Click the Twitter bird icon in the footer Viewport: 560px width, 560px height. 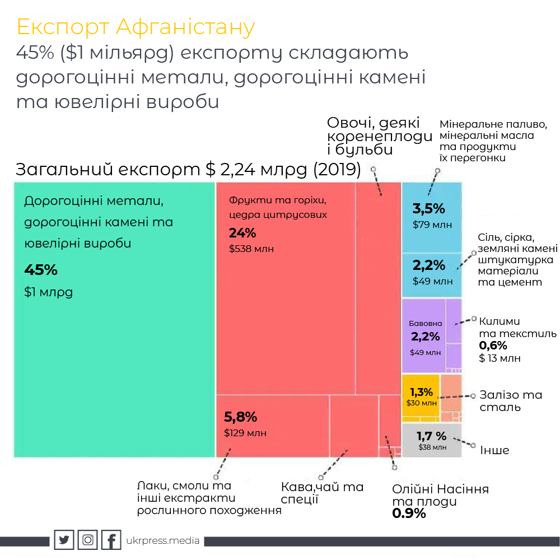pyautogui.click(x=64, y=540)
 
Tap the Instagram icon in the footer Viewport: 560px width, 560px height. pyautogui.click(x=88, y=540)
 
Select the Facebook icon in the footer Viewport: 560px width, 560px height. pyautogui.click(x=111, y=540)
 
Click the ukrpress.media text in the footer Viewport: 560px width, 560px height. pyautogui.click(x=163, y=541)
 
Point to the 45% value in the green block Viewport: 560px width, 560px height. pyautogui.click(x=41, y=270)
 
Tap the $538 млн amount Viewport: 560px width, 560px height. pyautogui.click(x=251, y=249)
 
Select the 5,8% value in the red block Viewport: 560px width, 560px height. pyautogui.click(x=240, y=417)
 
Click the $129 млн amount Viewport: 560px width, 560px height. pyautogui.click(x=245, y=433)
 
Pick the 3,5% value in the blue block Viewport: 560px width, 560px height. pyautogui.click(x=428, y=209)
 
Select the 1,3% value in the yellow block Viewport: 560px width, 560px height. pyautogui.click(x=421, y=392)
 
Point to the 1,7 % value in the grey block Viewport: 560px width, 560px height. pyautogui.click(x=431, y=435)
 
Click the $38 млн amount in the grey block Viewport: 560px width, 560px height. pyautogui.click(x=432, y=447)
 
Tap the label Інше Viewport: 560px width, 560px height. pyautogui.click(x=494, y=450)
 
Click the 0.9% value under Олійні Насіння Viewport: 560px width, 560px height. pyautogui.click(x=409, y=513)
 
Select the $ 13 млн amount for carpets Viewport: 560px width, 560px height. pyautogui.click(x=500, y=358)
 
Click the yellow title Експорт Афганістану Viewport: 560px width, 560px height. pyautogui.click(x=136, y=27)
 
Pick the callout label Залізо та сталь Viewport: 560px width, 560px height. pyautogui.click(x=510, y=400)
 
